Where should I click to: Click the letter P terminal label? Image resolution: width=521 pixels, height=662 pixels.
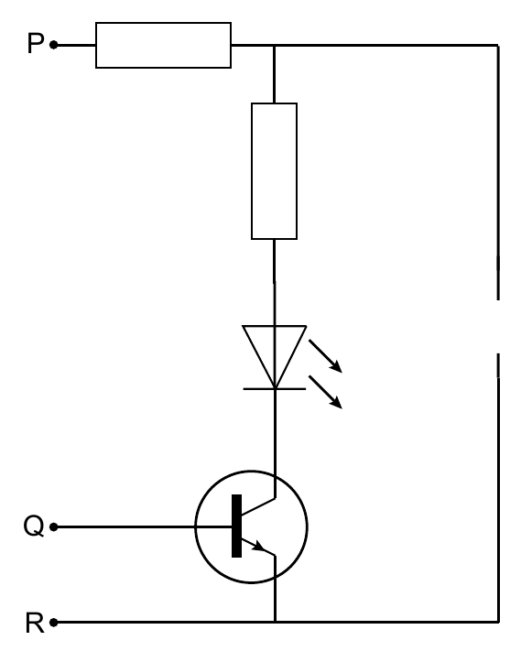point(36,43)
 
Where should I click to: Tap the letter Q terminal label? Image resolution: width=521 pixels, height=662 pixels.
point(34,526)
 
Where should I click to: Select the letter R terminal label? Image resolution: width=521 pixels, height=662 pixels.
point(35,623)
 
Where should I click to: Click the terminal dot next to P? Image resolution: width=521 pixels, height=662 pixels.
point(54,45)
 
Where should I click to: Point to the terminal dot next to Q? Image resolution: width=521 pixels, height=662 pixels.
point(54,526)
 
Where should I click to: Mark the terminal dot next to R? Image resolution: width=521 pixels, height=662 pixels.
point(54,623)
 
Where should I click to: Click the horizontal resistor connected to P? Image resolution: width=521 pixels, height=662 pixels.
point(163,45)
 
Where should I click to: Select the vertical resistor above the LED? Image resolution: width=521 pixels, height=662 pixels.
point(274,171)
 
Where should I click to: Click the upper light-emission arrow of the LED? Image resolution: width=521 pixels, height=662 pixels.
point(325,356)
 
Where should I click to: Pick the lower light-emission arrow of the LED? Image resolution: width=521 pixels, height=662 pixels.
point(325,392)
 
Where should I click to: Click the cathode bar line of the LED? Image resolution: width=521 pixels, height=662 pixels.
point(275,389)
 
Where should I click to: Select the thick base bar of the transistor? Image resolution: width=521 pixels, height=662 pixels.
point(237,526)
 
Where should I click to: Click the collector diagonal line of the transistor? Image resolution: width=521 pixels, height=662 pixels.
point(258,506)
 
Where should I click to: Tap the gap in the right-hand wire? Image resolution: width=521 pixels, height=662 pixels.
point(498,327)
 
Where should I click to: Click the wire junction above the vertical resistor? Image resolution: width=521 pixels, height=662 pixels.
point(274,45)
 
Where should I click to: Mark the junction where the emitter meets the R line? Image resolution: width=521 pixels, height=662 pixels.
point(275,622)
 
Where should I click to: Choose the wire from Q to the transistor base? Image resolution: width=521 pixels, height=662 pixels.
point(143,526)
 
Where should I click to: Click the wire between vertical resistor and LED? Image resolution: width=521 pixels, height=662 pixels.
point(275,282)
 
